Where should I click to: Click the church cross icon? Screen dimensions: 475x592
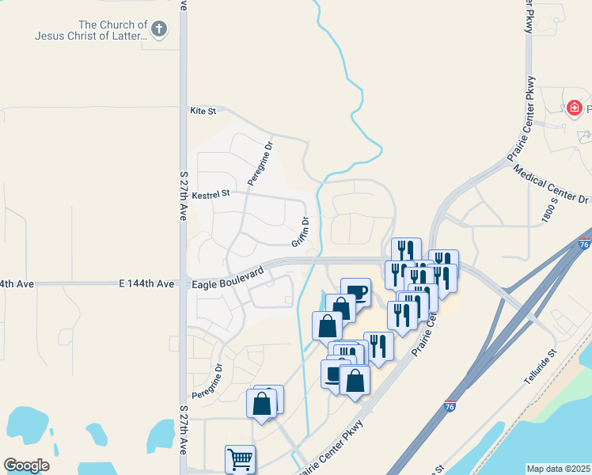tap(159, 30)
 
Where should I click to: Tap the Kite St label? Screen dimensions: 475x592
tap(203, 112)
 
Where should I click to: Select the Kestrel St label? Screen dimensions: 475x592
tap(211, 193)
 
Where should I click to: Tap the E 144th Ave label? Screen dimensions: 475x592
tap(146, 283)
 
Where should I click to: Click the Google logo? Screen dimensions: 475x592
tap(26, 465)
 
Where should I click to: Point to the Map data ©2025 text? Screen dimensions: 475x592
tap(558, 469)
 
